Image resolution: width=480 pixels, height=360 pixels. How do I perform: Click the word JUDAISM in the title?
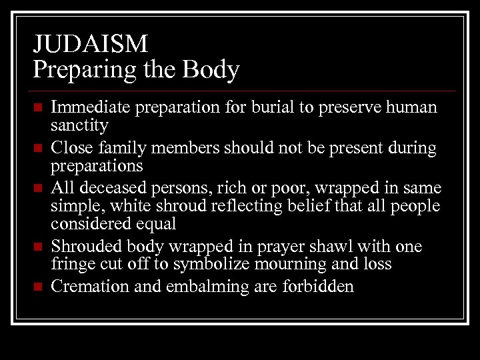pyautogui.click(x=91, y=44)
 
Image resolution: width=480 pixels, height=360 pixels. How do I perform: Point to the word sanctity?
pyautogui.click(x=79, y=125)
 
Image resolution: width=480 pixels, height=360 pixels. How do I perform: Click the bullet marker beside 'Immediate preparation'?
pyautogui.click(x=38, y=108)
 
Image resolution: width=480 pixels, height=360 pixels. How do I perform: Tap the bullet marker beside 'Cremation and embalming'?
pyautogui.click(x=38, y=288)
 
